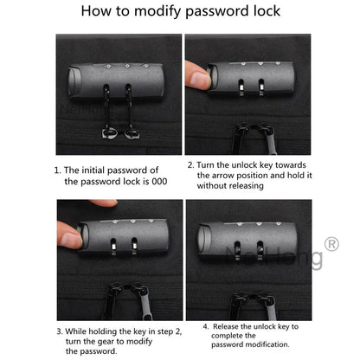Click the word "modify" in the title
(x=158, y=11)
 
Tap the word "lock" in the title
(x=267, y=10)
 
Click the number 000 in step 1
(x=159, y=182)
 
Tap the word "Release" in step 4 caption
(x=226, y=326)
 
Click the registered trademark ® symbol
(x=331, y=244)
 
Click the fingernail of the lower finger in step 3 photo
(x=70, y=239)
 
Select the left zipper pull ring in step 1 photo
(x=110, y=133)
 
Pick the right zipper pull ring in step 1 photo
(x=132, y=133)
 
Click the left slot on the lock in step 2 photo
(x=241, y=86)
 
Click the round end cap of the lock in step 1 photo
(x=74, y=81)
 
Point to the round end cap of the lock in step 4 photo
(x=202, y=239)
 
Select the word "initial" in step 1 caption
(x=92, y=170)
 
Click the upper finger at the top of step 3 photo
(x=103, y=202)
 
